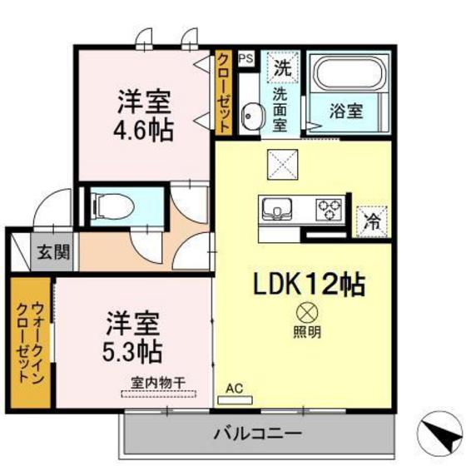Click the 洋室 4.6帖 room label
point(142,120)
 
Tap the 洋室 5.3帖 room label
point(132,332)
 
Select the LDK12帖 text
point(309,285)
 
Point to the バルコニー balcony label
point(256,434)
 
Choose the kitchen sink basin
point(276,207)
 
